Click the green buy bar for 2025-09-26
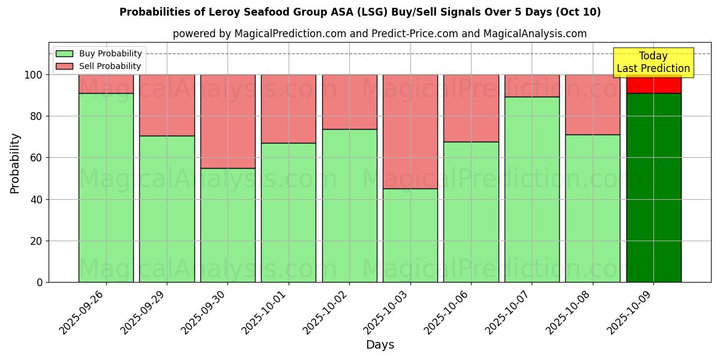pos(106,187)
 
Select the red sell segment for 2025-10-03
pos(410,131)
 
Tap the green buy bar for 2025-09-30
pos(228,225)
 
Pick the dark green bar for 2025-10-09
pos(653,187)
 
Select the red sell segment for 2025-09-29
pos(167,105)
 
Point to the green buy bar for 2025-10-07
pos(532,189)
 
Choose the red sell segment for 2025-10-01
pos(289,109)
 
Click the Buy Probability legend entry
pos(99,53)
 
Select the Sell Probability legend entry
pos(99,66)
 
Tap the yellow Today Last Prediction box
pos(653,62)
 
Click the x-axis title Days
pos(380,345)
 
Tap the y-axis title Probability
pos(15,163)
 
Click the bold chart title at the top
pos(360,12)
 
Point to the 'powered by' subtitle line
pos(380,34)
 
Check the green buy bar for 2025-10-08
pos(593,208)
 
